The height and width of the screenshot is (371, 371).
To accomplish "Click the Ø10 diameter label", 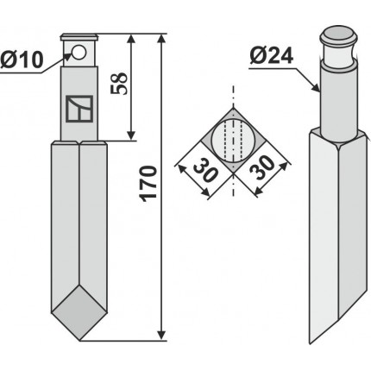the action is [22, 60].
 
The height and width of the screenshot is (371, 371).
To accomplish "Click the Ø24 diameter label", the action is [272, 55].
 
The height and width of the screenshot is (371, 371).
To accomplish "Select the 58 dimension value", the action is [119, 84].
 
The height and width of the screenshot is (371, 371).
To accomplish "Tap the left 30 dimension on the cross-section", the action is [204, 172].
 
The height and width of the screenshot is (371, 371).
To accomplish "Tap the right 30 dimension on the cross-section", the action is [261, 167].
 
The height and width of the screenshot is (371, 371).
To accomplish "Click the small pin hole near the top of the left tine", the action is [79, 53].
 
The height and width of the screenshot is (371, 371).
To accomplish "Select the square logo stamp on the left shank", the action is [79, 109].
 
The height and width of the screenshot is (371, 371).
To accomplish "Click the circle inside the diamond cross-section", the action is [233, 141].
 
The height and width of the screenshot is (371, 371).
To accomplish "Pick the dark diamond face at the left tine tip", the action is [79, 312].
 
